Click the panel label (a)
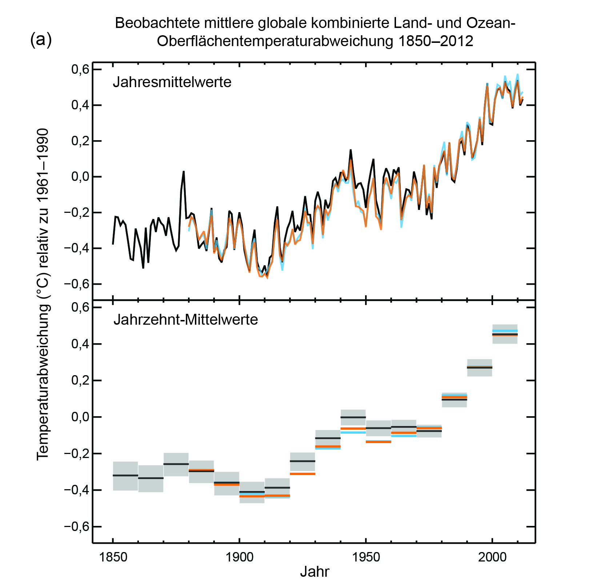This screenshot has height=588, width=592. [41, 40]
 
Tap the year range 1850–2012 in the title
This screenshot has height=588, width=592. [436, 41]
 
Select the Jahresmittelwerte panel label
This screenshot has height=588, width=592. [172, 82]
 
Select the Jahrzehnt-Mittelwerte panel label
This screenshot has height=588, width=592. [185, 320]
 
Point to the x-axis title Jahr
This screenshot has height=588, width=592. [315, 572]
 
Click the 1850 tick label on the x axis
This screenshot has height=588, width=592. [113, 557]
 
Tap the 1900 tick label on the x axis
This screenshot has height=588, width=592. [239, 557]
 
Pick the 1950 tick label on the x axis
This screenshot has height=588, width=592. [366, 557]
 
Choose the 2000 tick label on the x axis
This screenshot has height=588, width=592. [492, 557]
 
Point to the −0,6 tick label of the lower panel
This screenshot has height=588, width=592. [77, 527]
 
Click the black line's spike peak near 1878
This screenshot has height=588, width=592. [184, 171]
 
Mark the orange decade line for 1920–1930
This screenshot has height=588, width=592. [303, 474]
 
